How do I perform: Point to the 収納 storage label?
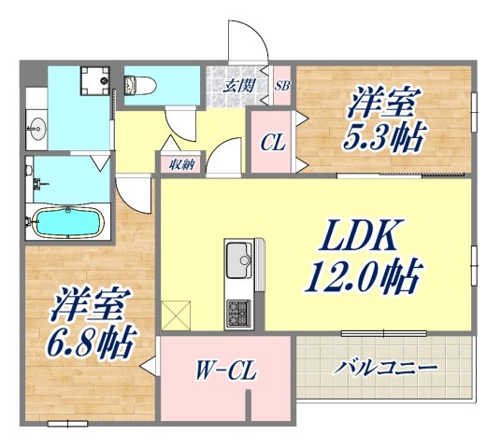pos(181,164)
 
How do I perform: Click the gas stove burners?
pos(236,312)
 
